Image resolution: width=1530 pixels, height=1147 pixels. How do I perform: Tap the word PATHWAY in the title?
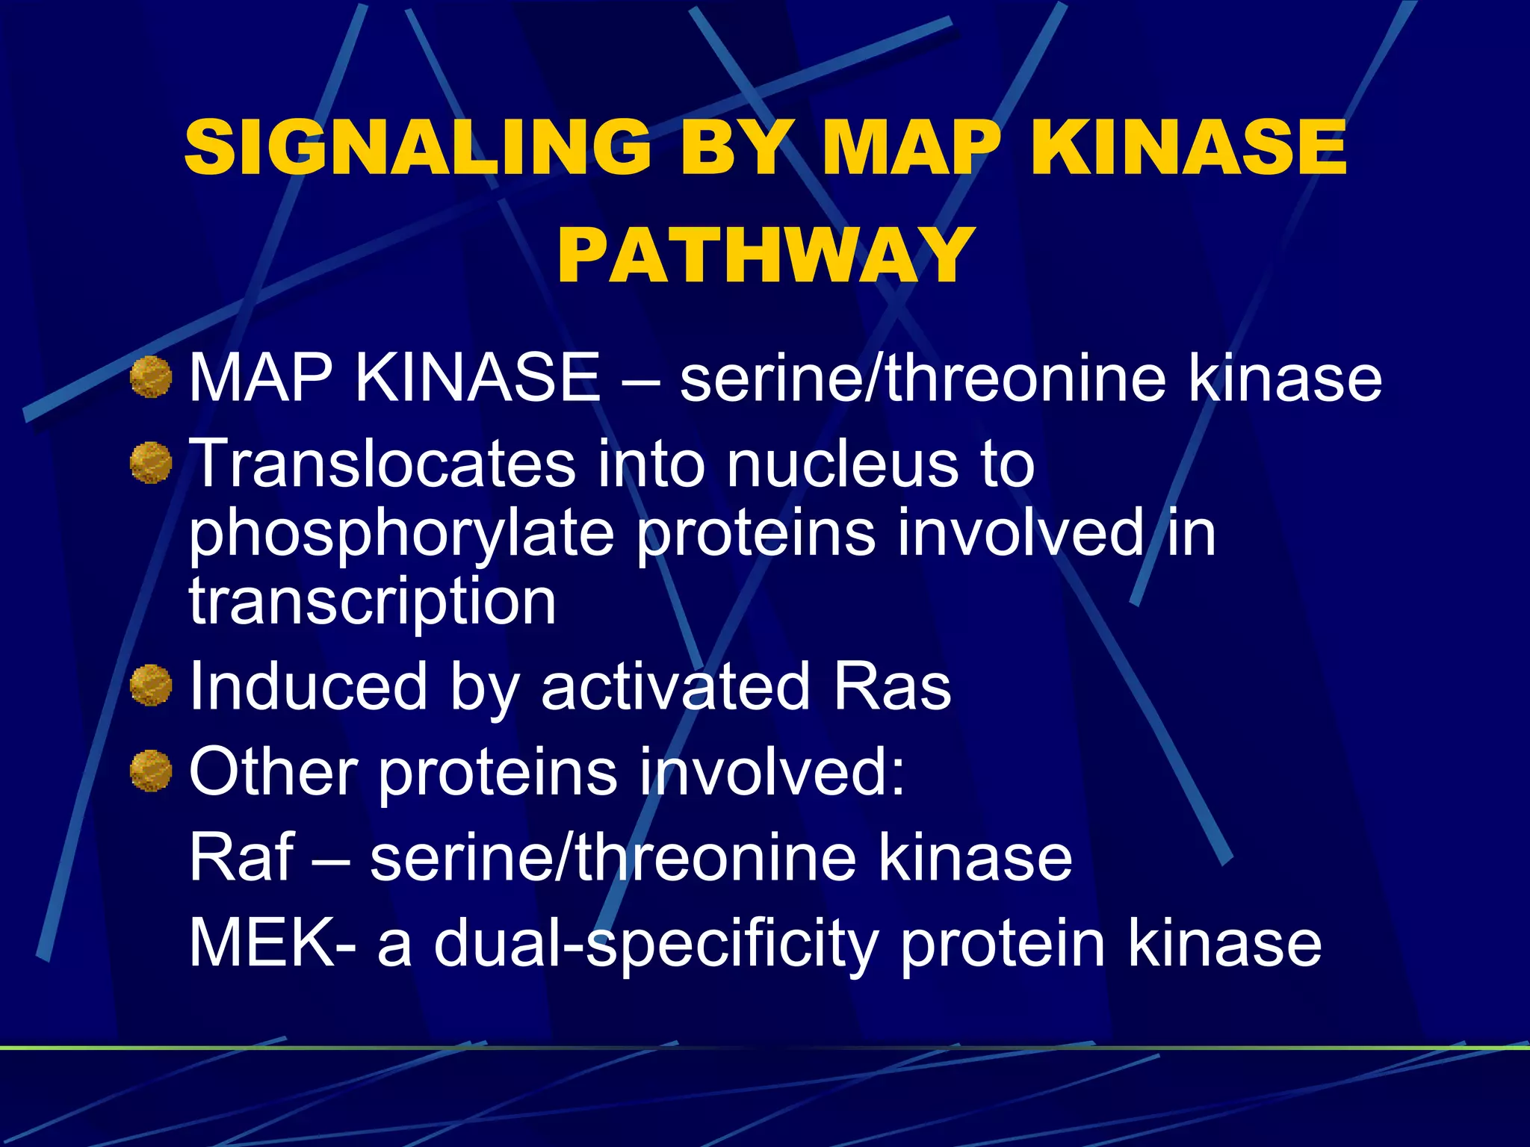tap(765, 255)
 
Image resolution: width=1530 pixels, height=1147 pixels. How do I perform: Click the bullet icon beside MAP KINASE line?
tap(151, 377)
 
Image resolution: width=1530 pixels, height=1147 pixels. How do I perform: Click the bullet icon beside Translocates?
tap(151, 463)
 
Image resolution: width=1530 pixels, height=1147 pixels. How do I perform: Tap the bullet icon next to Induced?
tap(151, 686)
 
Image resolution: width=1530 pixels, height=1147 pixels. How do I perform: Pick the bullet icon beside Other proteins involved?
tap(151, 771)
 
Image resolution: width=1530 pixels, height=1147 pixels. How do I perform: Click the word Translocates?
tap(382, 463)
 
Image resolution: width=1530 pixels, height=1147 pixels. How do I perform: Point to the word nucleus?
tap(843, 463)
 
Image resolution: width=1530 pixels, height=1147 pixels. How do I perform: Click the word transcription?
tap(372, 601)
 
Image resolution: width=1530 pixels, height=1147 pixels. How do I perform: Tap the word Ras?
tap(892, 686)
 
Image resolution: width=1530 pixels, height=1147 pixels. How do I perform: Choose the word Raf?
tap(241, 857)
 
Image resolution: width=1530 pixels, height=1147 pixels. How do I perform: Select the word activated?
tap(675, 686)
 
